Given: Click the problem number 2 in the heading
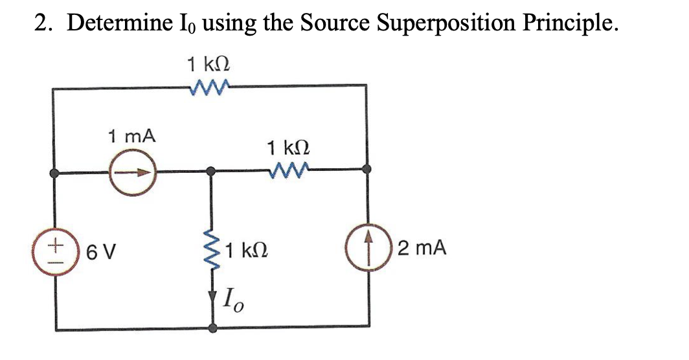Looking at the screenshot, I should click(x=40, y=25).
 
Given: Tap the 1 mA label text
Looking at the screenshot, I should click(x=131, y=137).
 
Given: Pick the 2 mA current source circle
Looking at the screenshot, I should click(x=367, y=249).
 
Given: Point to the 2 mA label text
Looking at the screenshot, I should click(x=422, y=248).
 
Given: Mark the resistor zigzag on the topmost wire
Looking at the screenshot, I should click(x=209, y=86).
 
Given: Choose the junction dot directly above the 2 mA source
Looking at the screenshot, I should click(x=367, y=170).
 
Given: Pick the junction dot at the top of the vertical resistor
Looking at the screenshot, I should click(x=210, y=172).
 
